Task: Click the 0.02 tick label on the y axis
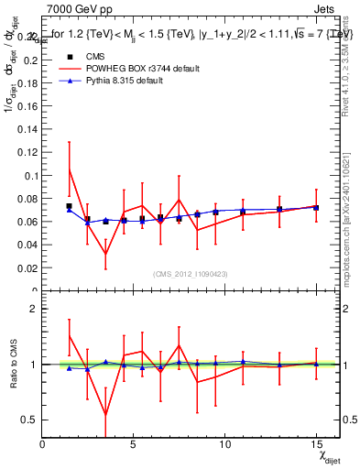(x=27, y=268)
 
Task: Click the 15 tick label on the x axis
(x=315, y=443)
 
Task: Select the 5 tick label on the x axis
(x=134, y=443)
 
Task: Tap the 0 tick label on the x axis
(x=43, y=443)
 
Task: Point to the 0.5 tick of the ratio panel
(x=29, y=420)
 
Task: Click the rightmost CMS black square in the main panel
(x=316, y=208)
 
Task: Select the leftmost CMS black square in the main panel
(x=70, y=206)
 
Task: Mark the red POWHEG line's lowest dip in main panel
(x=105, y=254)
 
